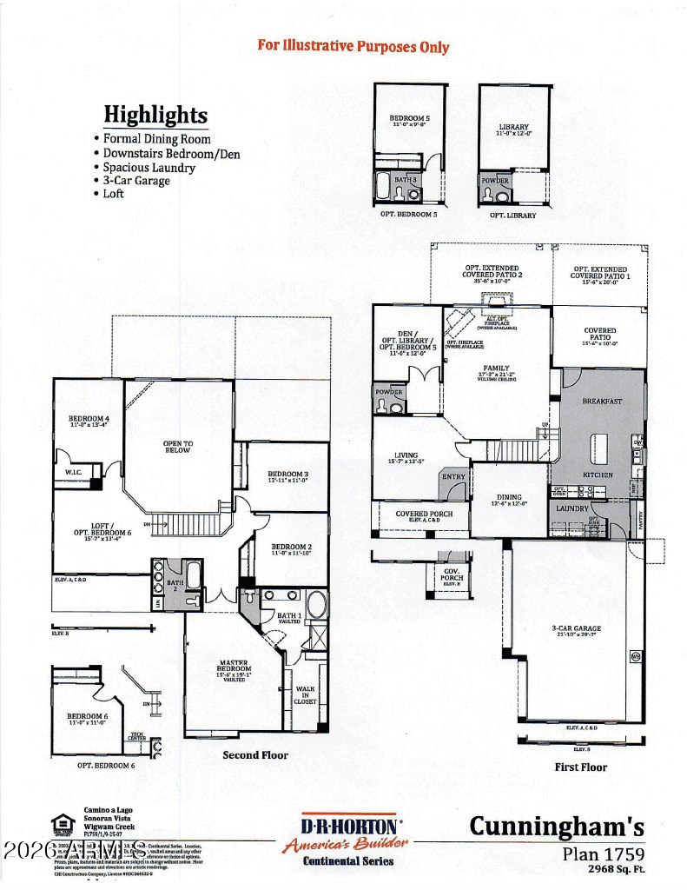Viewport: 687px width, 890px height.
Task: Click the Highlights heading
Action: click(x=155, y=115)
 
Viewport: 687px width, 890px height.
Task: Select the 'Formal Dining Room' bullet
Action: click(x=156, y=139)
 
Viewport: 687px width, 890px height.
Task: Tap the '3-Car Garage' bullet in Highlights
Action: click(x=136, y=181)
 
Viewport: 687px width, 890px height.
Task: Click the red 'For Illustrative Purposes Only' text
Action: click(x=353, y=45)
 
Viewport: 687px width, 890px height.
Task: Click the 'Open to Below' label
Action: click(x=177, y=447)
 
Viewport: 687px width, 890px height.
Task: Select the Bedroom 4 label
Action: click(x=89, y=421)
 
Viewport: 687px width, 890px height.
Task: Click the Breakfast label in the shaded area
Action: click(x=602, y=402)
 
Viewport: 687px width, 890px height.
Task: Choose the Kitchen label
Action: click(x=598, y=475)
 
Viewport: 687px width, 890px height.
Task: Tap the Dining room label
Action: click(x=508, y=498)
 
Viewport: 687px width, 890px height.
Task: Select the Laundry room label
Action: click(x=572, y=508)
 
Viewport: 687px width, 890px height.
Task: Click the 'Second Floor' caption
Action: click(x=255, y=755)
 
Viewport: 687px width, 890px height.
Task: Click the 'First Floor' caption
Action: click(x=580, y=767)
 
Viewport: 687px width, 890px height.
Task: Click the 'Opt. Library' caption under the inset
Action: click(x=512, y=215)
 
